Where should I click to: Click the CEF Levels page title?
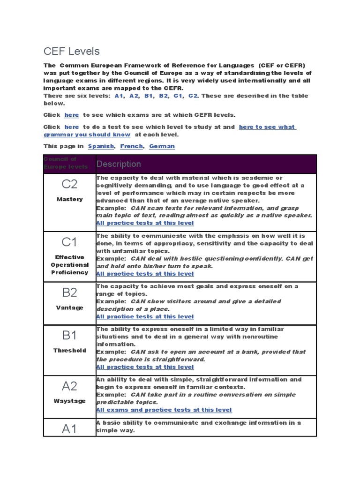click(72, 51)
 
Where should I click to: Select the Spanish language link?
click(101, 146)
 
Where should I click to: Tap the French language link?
click(131, 146)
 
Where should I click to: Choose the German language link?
click(162, 146)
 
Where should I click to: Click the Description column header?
click(119, 164)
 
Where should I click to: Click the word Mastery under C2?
click(69, 199)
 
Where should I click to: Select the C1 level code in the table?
click(69, 242)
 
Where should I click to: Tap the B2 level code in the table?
click(69, 293)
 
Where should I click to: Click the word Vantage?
click(69, 307)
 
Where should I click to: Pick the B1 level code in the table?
click(69, 336)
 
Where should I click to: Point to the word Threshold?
click(69, 350)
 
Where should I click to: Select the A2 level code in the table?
click(69, 386)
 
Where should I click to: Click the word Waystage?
click(69, 401)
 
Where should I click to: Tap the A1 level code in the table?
click(69, 429)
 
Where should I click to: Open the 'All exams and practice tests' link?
click(164, 410)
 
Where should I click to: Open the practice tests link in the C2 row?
click(144, 223)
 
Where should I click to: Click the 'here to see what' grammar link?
click(267, 127)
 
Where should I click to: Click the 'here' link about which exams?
click(72, 115)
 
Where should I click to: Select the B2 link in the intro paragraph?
click(164, 96)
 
